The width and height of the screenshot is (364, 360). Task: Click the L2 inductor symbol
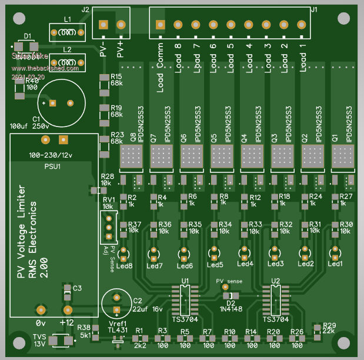click(x=68, y=61)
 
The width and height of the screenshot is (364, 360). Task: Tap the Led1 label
click(x=335, y=264)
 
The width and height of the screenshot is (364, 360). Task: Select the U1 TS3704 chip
click(x=185, y=299)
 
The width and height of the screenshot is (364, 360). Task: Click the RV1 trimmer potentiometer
click(x=108, y=226)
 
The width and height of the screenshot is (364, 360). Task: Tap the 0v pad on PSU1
click(x=41, y=310)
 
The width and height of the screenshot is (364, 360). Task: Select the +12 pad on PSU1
click(x=68, y=310)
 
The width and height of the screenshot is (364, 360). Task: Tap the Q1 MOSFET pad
click(x=343, y=156)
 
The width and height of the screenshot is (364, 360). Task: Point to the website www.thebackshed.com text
click(x=45, y=68)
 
